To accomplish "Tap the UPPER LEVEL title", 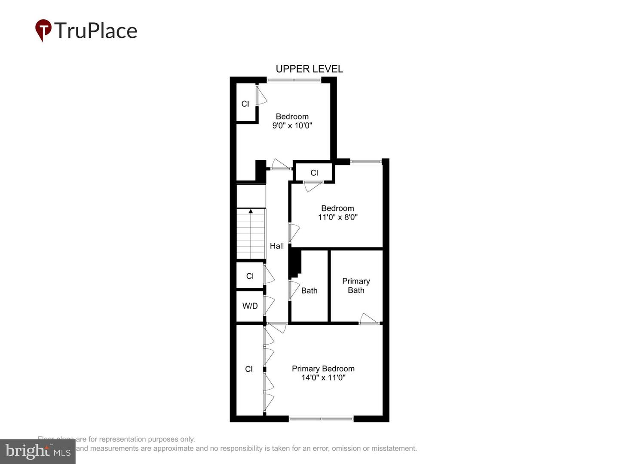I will click(x=309, y=69).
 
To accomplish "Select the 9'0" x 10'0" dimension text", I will click(x=292, y=126).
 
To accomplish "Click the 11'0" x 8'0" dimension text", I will click(x=337, y=217).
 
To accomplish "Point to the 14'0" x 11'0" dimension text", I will click(x=323, y=378).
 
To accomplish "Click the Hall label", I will click(x=276, y=246).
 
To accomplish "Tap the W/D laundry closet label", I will click(x=250, y=306).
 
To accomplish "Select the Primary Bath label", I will click(x=356, y=286).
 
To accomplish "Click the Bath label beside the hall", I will click(x=309, y=291).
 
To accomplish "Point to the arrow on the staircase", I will click(x=251, y=211).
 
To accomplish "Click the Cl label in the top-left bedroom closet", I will click(x=245, y=104).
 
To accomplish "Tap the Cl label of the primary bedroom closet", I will click(x=249, y=369).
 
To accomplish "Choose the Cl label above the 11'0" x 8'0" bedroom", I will click(x=314, y=173).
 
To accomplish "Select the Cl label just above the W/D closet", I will click(x=250, y=276).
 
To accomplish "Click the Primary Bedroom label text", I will click(x=323, y=369).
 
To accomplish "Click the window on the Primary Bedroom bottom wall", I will click(x=321, y=418).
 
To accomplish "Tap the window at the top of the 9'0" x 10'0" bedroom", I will click(x=294, y=80).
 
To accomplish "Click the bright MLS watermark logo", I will click(x=38, y=452).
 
